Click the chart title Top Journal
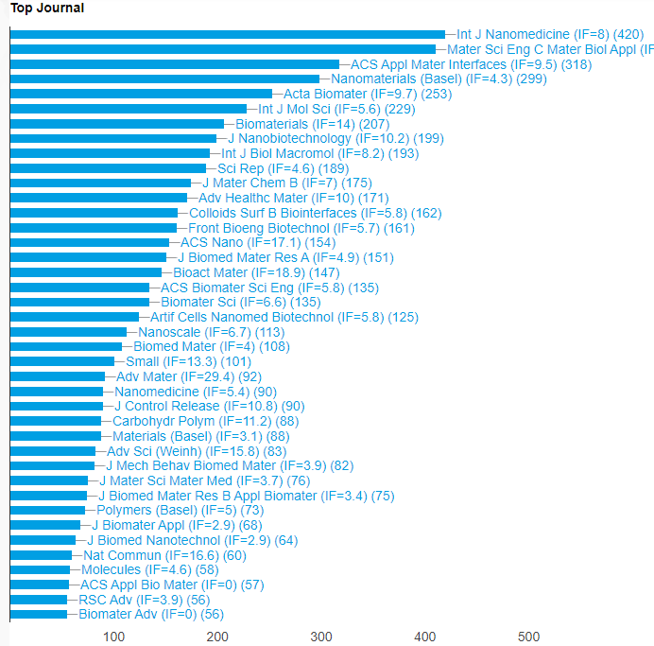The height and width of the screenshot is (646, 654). [x=47, y=9]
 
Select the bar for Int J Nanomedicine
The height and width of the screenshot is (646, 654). [x=227, y=34]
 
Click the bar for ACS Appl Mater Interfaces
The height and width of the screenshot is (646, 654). [x=174, y=64]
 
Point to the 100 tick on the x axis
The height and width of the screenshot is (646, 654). [x=113, y=637]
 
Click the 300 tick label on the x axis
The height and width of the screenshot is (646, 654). [x=321, y=637]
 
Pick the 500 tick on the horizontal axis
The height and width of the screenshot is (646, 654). [x=529, y=637]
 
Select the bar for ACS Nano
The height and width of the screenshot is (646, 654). [x=89, y=242]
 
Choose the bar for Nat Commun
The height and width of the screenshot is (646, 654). [x=41, y=554]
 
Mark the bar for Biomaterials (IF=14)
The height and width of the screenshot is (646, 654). [x=117, y=124]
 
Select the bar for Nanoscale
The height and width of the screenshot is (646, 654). [x=68, y=332]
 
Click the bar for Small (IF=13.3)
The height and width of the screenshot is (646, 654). [x=62, y=361]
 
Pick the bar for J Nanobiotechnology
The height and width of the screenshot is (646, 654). [x=113, y=138]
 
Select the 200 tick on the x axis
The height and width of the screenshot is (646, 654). [x=217, y=637]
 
